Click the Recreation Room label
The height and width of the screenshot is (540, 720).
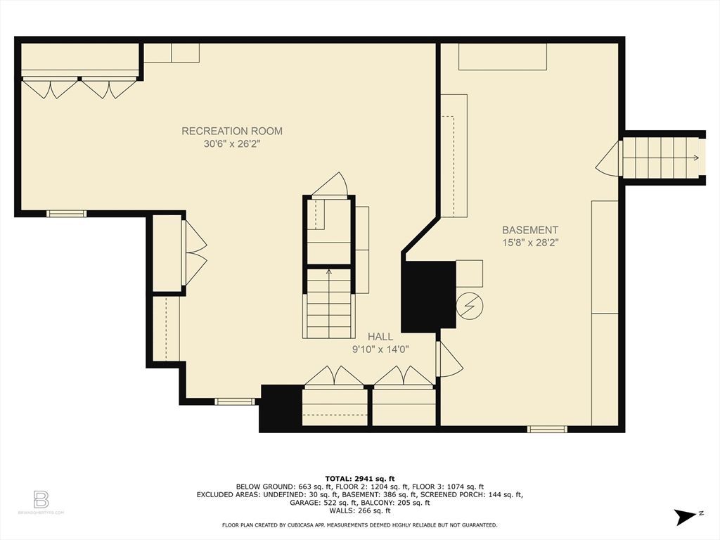pos(232,131)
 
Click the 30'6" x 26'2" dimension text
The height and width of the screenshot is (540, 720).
pos(232,144)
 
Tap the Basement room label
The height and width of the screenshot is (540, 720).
pos(530,230)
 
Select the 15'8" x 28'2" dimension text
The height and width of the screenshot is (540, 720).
pos(530,243)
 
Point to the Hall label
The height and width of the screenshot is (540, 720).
pos(380,337)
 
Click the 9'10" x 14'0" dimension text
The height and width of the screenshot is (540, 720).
pos(380,349)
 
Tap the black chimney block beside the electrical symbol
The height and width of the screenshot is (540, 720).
pos(428,296)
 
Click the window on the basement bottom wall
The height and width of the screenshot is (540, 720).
pos(547,428)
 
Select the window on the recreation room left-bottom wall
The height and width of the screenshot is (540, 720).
pos(66,213)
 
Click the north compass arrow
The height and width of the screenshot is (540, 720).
pos(683,517)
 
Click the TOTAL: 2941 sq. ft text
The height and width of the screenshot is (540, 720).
pos(359,477)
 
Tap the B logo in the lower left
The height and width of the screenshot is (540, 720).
pos(41,500)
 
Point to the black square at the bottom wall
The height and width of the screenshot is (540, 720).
pos(281,409)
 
